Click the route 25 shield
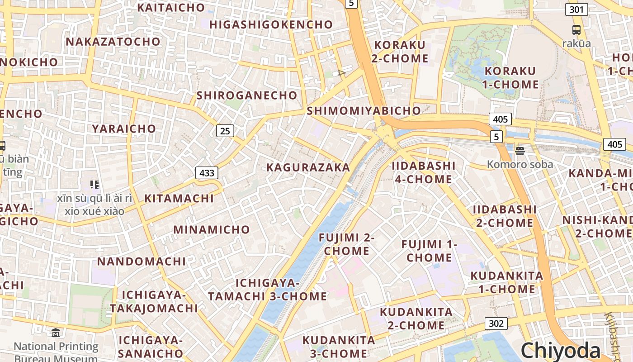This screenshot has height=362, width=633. (225, 131)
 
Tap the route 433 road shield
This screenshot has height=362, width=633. (207, 172)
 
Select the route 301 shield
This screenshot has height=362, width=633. (576, 9)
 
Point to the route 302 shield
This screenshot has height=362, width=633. (496, 324)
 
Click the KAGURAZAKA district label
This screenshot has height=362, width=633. (308, 167)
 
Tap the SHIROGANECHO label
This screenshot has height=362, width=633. (246, 95)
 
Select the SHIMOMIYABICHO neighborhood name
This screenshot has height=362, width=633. (364, 111)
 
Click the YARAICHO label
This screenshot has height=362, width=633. (124, 129)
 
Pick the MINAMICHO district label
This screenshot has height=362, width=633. (212, 229)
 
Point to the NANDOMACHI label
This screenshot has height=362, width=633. (142, 262)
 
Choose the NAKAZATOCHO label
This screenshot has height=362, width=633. (113, 42)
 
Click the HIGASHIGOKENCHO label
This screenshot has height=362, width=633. (271, 24)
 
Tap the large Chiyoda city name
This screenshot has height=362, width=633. (560, 351)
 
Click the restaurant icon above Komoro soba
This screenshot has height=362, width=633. (520, 150)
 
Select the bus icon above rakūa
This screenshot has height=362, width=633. (576, 30)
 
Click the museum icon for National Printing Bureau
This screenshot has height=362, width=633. (56, 333)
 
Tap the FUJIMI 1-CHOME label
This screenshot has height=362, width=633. (429, 251)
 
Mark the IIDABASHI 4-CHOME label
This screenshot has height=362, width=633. (424, 172)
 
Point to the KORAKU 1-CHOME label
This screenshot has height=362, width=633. (511, 78)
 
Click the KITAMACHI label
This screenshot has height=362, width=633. (179, 199)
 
